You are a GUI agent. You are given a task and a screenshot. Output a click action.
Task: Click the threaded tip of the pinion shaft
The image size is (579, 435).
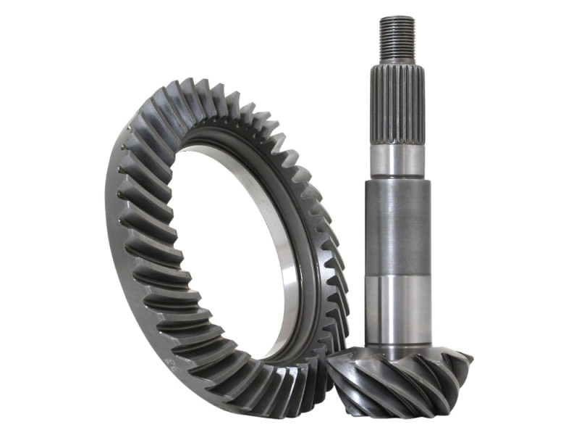tap(397, 40)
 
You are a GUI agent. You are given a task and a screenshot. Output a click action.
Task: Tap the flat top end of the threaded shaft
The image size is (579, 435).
tap(397, 18)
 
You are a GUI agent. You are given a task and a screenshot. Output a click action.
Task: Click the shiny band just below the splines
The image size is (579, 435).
tap(397, 159)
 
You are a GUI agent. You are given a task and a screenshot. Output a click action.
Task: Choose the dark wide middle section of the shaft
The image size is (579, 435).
tap(397, 225)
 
